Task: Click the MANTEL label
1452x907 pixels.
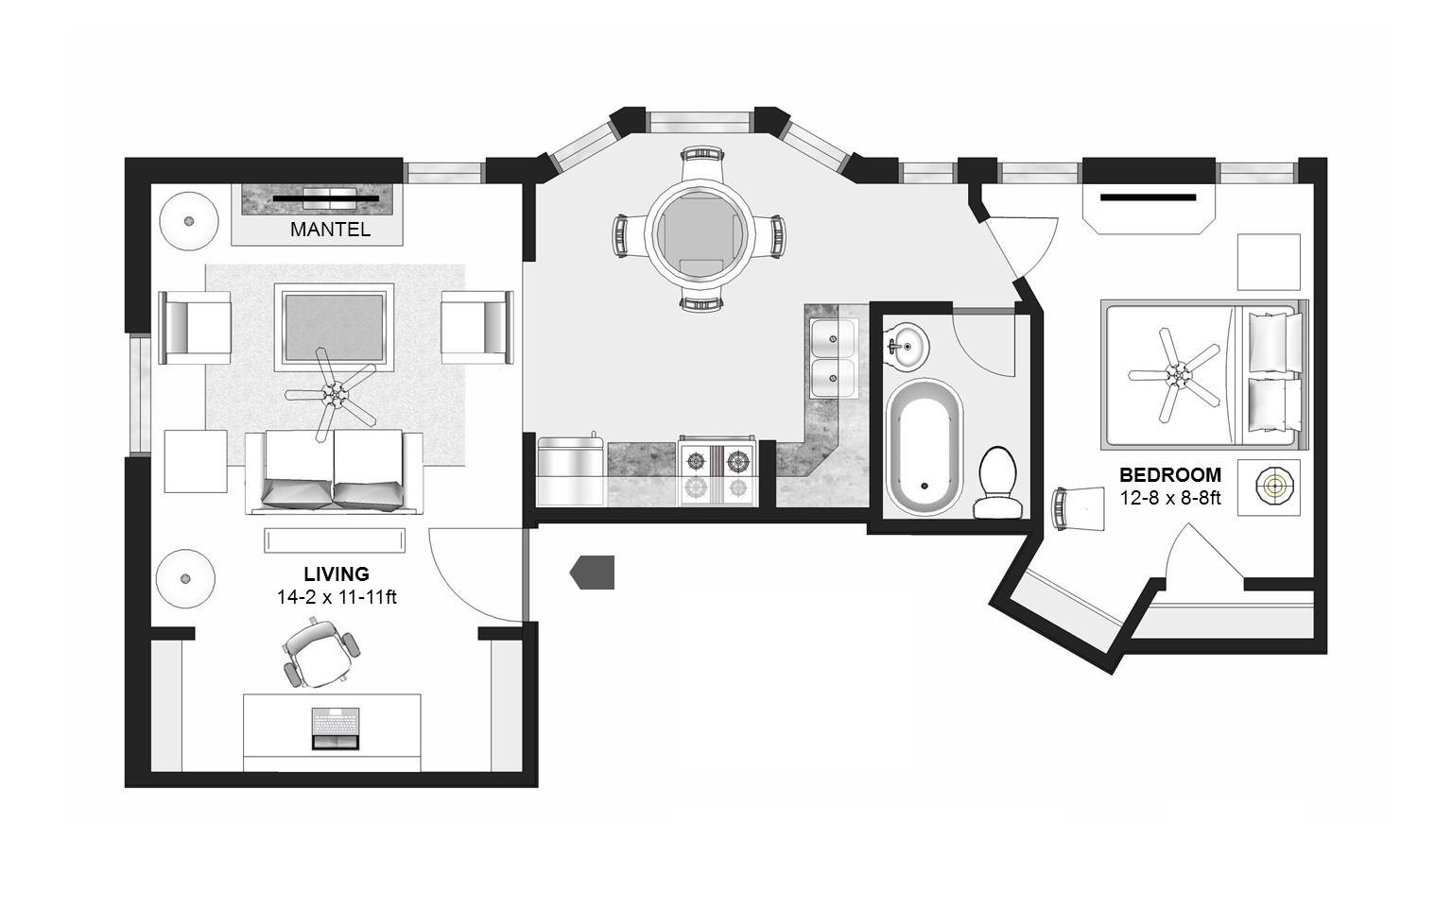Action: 330,230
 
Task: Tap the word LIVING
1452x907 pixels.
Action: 337,574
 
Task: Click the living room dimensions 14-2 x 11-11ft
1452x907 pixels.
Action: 337,597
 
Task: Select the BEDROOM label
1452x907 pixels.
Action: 1170,475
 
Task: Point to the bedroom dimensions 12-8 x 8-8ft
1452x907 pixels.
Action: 1170,498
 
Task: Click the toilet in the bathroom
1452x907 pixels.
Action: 997,483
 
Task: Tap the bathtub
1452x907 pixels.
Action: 925,448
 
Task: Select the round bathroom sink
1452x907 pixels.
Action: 907,347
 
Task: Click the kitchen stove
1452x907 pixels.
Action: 717,471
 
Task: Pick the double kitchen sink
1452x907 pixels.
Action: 833,358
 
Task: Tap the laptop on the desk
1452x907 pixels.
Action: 336,728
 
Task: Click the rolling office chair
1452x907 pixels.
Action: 320,653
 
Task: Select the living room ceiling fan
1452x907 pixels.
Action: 332,394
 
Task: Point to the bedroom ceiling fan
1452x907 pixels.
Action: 1175,374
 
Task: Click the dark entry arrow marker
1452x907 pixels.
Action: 592,573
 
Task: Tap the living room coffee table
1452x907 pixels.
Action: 334,327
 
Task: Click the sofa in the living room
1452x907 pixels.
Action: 334,473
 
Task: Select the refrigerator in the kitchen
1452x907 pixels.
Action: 570,471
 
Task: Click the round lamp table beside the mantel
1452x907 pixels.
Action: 189,221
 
